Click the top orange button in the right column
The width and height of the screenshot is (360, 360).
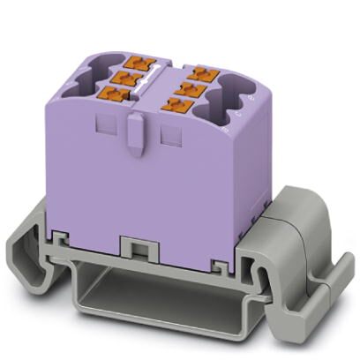[x=203, y=69]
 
